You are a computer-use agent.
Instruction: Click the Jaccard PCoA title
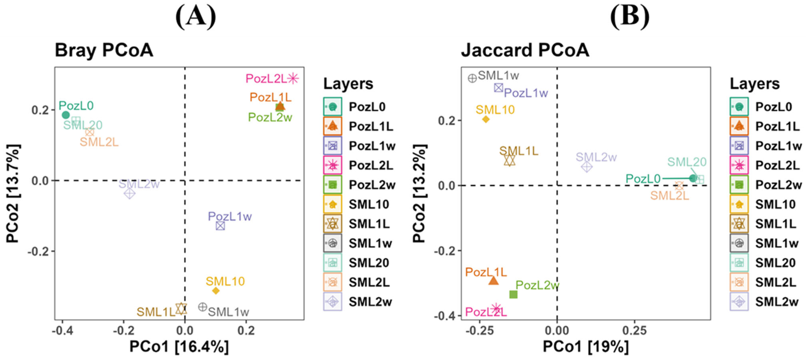tap(525, 50)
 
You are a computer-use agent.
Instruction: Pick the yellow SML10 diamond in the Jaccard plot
tap(486, 119)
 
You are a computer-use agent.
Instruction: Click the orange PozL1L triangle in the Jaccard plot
tap(493, 281)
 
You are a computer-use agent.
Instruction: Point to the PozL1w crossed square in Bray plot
tap(220, 225)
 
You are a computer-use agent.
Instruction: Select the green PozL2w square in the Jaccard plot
tap(513, 294)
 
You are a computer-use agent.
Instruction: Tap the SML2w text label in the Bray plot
tap(139, 184)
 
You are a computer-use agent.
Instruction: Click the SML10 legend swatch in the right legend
tap(739, 204)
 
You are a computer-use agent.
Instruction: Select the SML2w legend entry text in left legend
tap(370, 302)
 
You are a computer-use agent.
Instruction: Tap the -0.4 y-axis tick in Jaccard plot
tap(444, 316)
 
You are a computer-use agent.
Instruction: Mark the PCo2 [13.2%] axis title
tap(419, 193)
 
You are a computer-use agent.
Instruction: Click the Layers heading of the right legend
tap(754, 84)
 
